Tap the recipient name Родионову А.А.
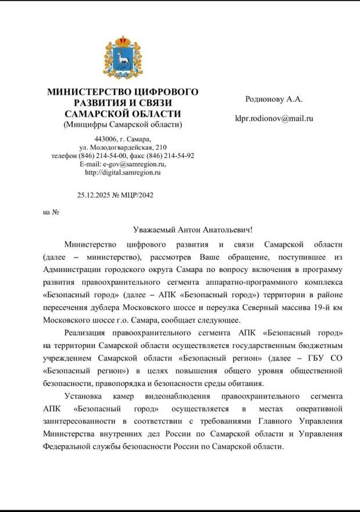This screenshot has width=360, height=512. [274, 99]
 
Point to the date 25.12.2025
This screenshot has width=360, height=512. [93, 195]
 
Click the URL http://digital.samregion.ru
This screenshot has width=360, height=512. [123, 172]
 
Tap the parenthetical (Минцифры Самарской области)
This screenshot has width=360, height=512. [123, 124]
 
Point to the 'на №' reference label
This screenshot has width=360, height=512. [52, 212]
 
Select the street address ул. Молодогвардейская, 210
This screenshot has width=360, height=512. [123, 148]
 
